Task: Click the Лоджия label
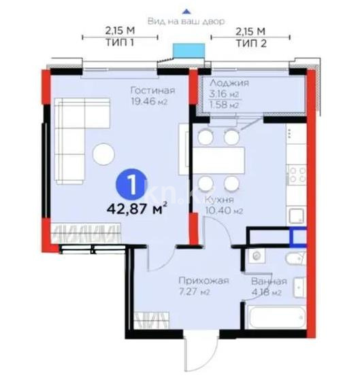click(229, 83)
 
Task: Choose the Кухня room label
click(222, 201)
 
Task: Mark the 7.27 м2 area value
click(194, 292)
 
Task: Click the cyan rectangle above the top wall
click(189, 52)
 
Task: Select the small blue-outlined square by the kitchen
click(297, 237)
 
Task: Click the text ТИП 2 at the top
click(250, 41)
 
